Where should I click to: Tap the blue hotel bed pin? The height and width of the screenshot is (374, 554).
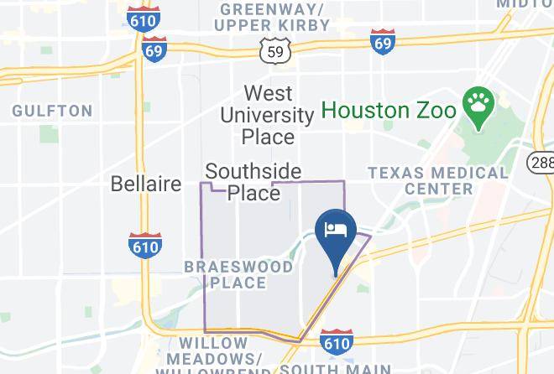(336, 231)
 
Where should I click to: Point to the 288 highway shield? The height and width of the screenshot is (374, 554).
(542, 162)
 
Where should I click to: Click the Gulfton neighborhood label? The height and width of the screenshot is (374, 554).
(52, 111)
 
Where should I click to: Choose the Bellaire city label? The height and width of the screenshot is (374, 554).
(146, 183)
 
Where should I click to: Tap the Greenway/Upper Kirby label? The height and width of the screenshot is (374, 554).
(272, 17)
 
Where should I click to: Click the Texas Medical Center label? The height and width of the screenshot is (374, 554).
(438, 180)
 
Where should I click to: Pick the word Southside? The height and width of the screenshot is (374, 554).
(253, 171)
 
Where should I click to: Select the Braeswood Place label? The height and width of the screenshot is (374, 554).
(238, 274)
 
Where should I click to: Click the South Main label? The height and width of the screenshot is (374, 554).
(336, 368)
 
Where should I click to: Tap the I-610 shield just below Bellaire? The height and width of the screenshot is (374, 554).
(145, 245)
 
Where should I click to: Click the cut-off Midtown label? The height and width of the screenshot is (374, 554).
(525, 4)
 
